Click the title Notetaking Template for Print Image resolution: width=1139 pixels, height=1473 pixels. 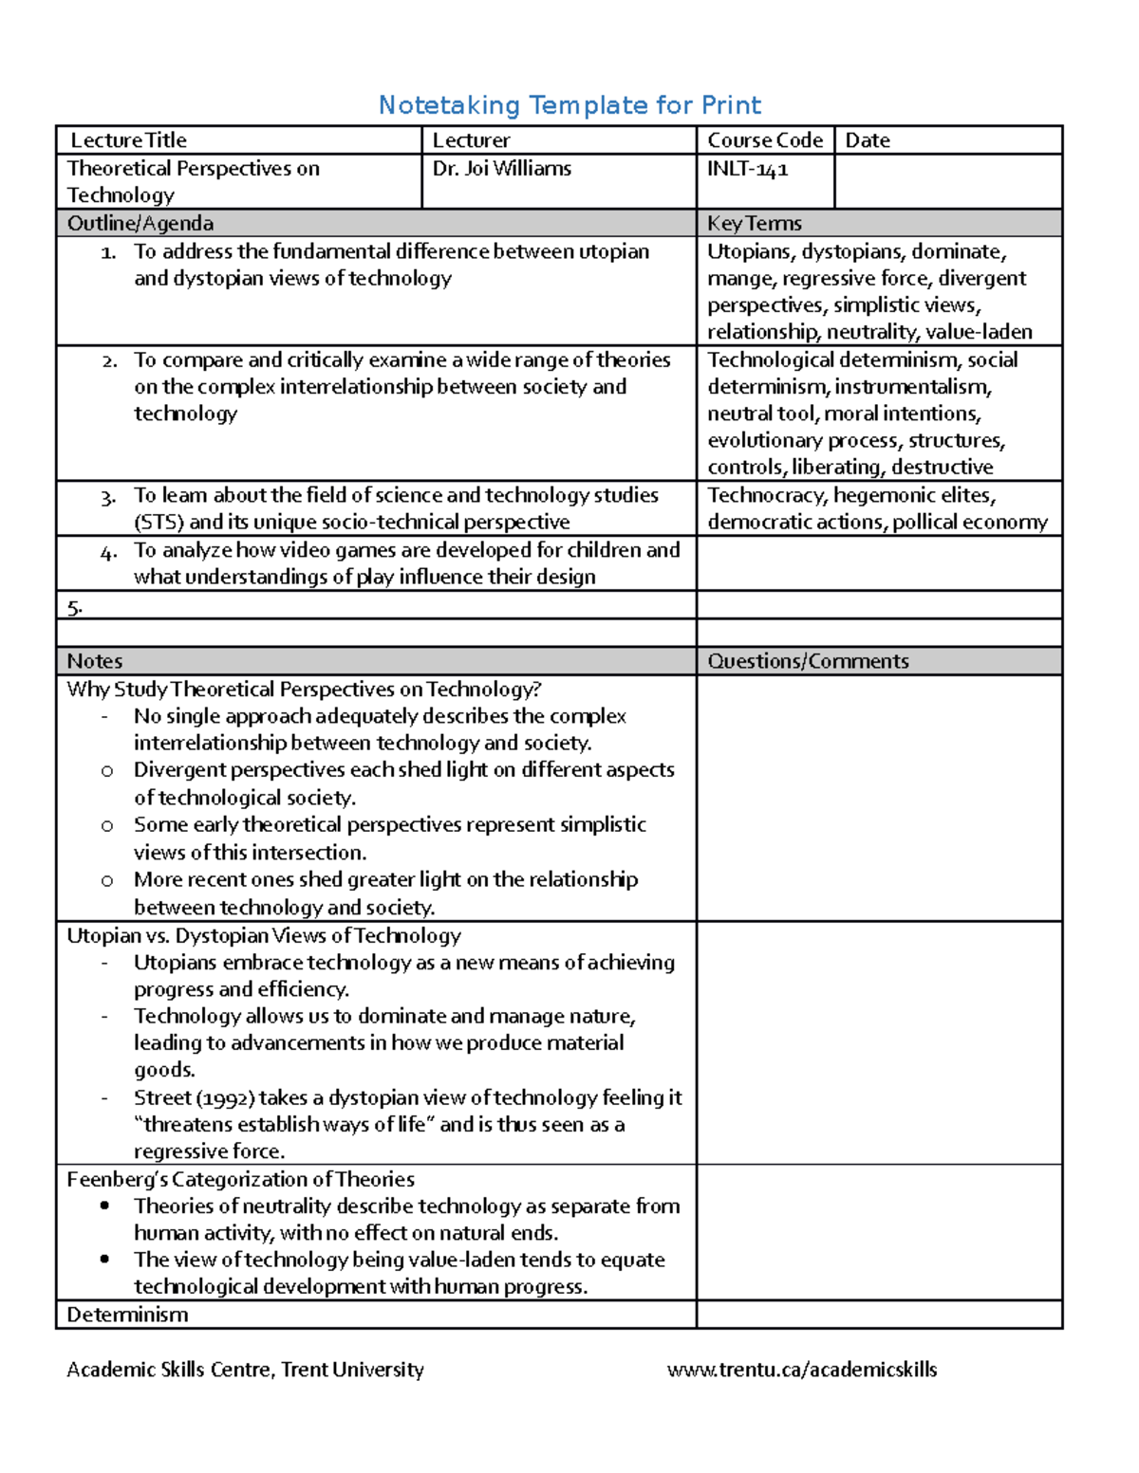[569, 104]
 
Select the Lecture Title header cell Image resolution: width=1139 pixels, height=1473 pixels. [128, 140]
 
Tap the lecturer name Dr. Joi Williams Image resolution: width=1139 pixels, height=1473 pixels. [502, 169]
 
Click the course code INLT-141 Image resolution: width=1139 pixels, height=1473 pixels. [747, 169]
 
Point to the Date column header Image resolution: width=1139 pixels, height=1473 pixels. [868, 140]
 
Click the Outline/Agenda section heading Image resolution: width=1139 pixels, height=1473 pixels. [140, 223]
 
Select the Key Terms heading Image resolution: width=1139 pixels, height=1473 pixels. [755, 223]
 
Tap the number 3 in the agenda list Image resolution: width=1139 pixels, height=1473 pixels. [108, 497]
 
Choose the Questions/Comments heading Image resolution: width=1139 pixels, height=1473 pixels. [808, 661]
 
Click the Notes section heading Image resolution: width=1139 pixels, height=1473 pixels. [94, 661]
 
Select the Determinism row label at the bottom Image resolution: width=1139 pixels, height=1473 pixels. [127, 1315]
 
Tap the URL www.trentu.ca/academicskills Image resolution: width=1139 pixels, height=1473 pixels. [802, 1370]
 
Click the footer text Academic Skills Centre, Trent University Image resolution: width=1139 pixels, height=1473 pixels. [245, 1370]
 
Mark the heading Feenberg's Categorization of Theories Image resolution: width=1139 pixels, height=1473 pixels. [240, 1179]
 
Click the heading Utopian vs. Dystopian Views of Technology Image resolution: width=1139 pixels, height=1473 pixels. [263, 935]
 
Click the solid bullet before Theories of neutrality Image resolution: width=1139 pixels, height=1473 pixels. [104, 1206]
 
